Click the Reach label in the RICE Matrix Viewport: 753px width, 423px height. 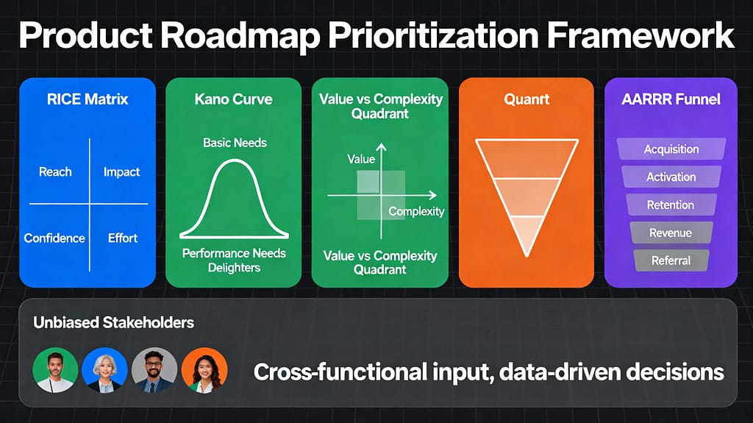(55, 172)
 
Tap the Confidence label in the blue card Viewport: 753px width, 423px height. (54, 238)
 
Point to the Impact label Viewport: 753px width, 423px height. (121, 172)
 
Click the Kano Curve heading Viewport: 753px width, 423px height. (233, 99)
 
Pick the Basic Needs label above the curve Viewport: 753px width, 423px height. (235, 142)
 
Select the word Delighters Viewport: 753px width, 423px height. (234, 267)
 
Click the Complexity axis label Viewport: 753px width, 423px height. (416, 212)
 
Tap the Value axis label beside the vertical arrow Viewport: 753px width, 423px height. (361, 159)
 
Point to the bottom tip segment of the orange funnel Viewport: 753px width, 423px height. (526, 235)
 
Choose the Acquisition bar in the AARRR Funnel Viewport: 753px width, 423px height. (671, 149)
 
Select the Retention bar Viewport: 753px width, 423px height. (671, 205)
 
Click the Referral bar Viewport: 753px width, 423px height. (671, 260)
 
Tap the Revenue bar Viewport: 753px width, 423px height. (671, 233)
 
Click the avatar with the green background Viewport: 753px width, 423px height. (56, 370)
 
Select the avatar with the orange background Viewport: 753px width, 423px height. (204, 370)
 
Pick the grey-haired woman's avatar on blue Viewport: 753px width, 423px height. (105, 370)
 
